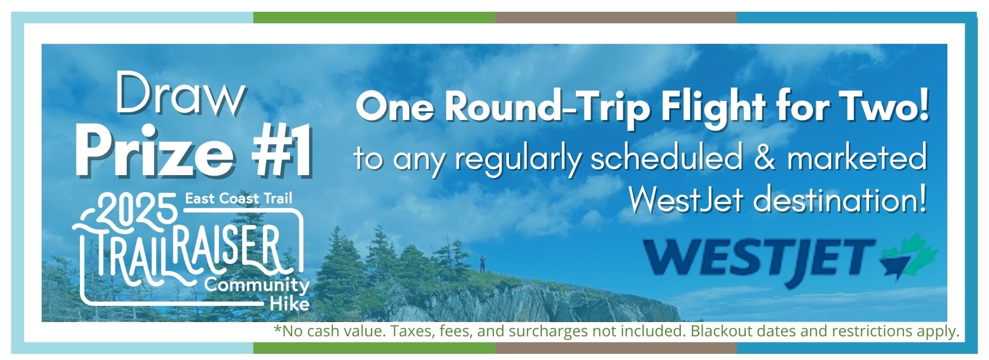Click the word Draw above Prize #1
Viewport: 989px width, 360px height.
(x=180, y=96)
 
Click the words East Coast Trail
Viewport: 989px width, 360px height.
(x=238, y=198)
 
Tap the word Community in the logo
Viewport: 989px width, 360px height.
(x=257, y=285)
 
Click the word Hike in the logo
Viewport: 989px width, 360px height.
(x=289, y=303)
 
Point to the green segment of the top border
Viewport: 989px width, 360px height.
(x=374, y=18)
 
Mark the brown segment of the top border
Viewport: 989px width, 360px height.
(x=616, y=18)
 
